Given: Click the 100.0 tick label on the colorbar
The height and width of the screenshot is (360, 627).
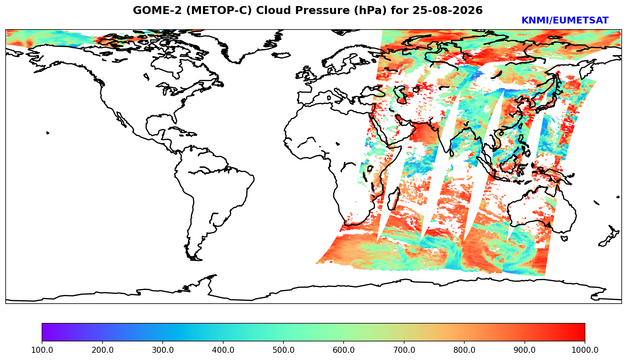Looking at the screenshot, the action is coord(42,350).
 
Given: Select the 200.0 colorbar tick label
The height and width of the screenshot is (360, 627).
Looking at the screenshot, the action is coord(102,350).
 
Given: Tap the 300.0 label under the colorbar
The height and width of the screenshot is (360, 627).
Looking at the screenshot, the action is coord(163,350).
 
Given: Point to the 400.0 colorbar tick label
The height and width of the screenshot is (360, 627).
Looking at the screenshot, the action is coord(223,350).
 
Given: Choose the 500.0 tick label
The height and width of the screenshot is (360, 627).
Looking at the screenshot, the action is coord(283,350).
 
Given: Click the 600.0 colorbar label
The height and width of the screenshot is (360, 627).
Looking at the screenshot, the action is coord(344,350).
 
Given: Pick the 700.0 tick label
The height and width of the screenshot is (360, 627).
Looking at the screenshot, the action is coord(404,350).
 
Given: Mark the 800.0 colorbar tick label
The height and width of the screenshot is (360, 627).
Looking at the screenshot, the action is coord(464,350).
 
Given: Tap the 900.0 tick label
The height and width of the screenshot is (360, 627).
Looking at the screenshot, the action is coord(524,350).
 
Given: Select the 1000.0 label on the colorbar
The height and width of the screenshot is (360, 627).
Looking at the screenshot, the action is coord(585,350).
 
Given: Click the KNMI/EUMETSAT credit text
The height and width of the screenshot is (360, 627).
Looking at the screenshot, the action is coord(565,20).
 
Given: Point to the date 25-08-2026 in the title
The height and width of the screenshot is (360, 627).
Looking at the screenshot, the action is coord(448,10).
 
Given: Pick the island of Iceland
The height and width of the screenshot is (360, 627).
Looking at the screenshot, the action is coord(281,55).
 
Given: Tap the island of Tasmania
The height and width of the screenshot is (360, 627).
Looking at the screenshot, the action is coord(565,238).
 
